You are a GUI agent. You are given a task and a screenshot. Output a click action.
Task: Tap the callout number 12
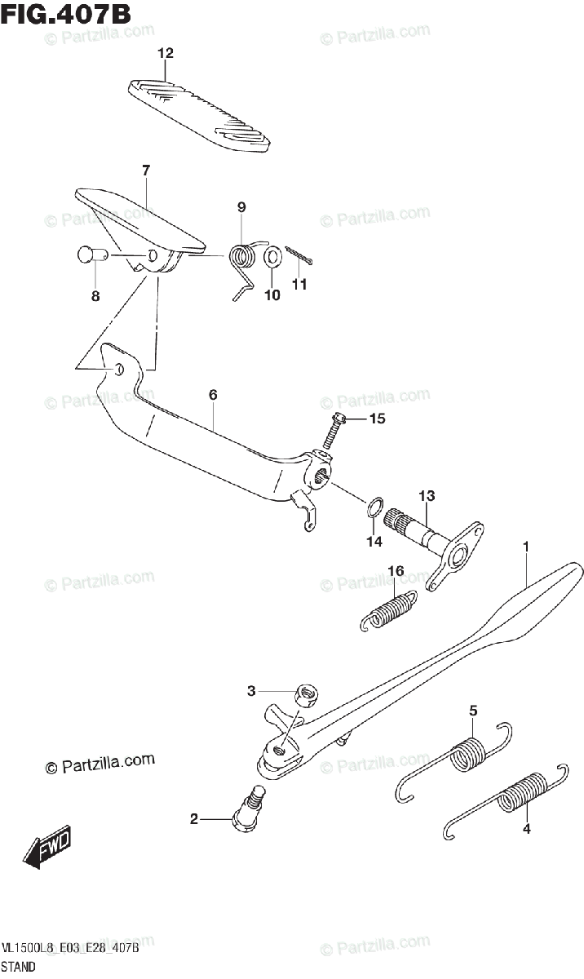(166, 54)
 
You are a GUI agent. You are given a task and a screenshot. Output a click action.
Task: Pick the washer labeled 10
(274, 257)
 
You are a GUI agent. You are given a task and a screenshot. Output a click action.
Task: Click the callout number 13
(427, 495)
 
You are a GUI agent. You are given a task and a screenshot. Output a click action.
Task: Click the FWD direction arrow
(47, 848)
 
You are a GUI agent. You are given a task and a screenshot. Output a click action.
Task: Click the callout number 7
(146, 171)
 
